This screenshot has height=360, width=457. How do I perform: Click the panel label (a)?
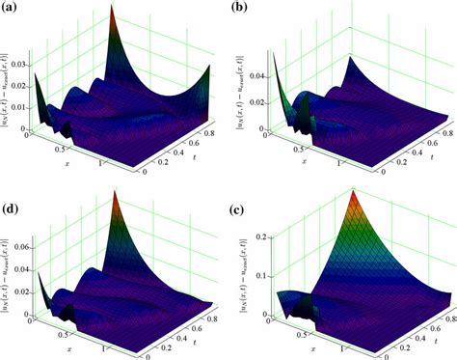coord(13,11)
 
